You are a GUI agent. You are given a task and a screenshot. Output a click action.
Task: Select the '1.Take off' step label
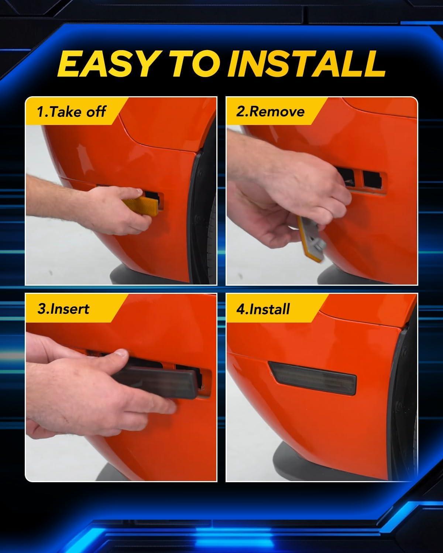[x=71, y=112]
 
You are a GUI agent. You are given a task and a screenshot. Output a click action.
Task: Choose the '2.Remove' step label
[x=270, y=112]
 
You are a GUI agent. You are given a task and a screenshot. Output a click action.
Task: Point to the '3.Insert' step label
[x=63, y=309]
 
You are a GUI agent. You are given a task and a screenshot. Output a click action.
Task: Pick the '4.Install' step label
[x=263, y=309]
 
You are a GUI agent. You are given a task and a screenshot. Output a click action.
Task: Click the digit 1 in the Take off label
[x=40, y=112]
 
